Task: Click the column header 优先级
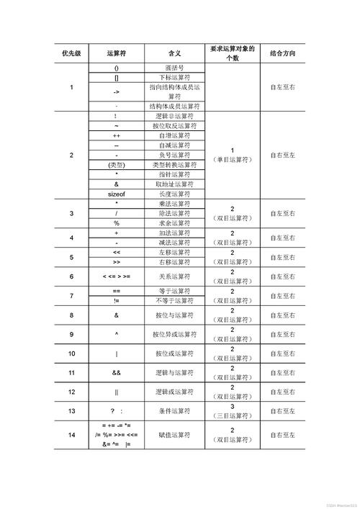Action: [71, 54]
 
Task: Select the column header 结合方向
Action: [282, 54]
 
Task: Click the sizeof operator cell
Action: [117, 194]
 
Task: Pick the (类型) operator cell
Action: [117, 165]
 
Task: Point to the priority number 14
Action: [71, 435]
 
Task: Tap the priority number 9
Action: [71, 334]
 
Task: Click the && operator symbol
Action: [117, 372]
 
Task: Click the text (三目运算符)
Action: [232, 415]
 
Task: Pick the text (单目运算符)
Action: [232, 160]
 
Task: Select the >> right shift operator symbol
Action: [117, 262]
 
